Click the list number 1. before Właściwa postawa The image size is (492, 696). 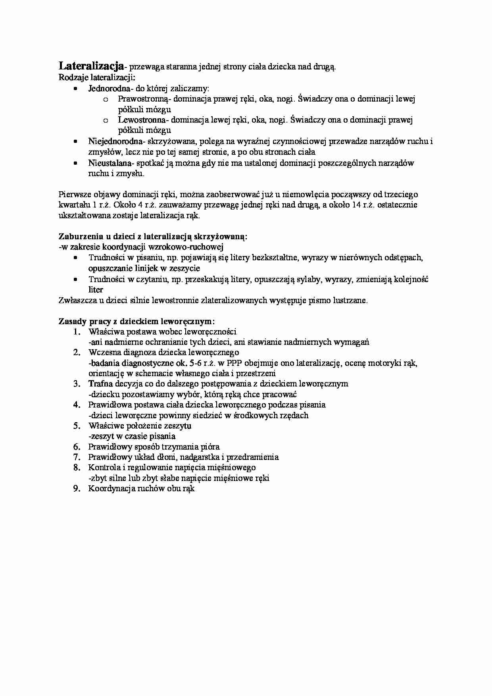click(77, 331)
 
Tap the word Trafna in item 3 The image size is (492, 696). click(101, 384)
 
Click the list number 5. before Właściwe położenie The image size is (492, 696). click(77, 426)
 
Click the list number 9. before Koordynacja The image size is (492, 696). click(77, 488)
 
